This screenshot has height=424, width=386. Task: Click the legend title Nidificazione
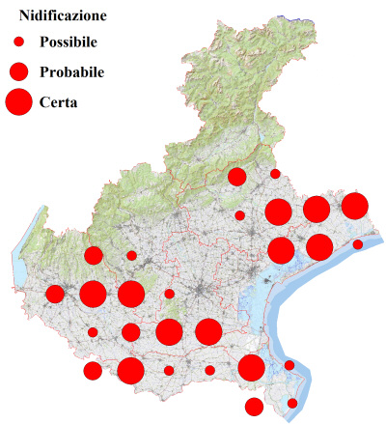pos(63,16)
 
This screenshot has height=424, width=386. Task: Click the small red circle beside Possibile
pos(18,42)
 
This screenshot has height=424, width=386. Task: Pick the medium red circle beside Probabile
pos(18,71)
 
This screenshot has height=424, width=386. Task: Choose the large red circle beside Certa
pos(18,100)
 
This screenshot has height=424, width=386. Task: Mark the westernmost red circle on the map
pos(55,294)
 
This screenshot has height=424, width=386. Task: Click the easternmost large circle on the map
pos(354,206)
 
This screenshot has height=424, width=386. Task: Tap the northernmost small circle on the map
pos(275,174)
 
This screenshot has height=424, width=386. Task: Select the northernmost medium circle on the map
pos(236,176)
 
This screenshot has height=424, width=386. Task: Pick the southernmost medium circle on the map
pos(254,406)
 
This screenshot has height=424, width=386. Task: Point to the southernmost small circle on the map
pos(292,403)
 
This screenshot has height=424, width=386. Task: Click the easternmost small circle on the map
pos(357,244)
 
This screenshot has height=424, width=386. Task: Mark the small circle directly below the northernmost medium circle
pos(239,215)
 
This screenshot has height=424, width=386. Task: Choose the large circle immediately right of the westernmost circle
pos(93,294)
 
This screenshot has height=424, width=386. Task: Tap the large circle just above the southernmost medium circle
pos(251,367)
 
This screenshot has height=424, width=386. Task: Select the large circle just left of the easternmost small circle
pos(319,246)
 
